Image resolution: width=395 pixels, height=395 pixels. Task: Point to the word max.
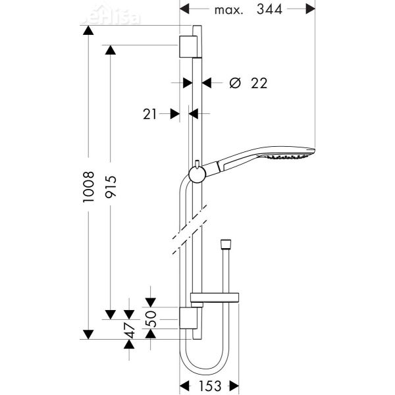[229, 11]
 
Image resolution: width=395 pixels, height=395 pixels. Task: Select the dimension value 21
[150, 114]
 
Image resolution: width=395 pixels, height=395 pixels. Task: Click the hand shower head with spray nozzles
[290, 156]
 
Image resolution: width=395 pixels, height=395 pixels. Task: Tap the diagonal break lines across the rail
[191, 234]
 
